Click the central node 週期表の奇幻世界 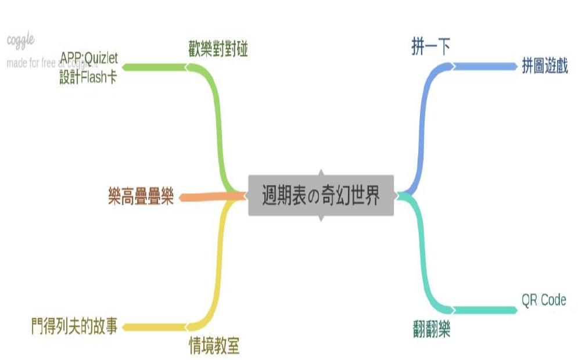321,196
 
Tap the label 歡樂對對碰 218,49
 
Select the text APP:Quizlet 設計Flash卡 88,67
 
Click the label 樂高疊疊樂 141,197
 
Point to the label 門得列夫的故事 74,326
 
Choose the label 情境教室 214,346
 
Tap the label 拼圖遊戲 544,66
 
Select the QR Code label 543,300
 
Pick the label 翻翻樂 429,331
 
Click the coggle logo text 21,40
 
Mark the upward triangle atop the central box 320,172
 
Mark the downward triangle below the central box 320,219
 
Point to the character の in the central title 314,197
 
